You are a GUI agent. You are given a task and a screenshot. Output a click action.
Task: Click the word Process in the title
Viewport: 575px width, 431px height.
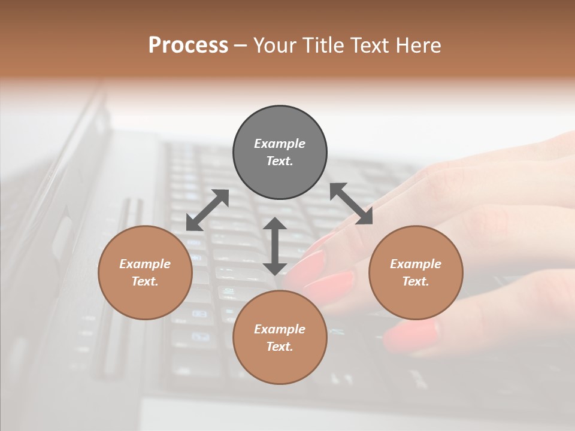coord(188,45)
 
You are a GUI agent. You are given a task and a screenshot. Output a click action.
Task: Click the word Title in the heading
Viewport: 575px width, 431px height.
coord(324,45)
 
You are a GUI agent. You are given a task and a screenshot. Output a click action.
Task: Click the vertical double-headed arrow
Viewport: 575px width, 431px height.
coord(275,246)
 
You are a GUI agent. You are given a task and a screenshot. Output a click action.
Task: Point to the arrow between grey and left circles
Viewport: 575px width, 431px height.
coord(207,210)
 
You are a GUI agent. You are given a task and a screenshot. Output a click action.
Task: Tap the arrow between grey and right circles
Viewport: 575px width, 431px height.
coord(351,204)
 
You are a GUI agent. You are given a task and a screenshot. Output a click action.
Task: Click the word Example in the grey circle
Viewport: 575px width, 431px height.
coord(280,144)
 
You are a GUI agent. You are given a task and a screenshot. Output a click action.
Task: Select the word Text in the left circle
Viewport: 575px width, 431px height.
coord(145,281)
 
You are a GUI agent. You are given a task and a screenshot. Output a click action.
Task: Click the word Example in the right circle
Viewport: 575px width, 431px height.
coord(416,264)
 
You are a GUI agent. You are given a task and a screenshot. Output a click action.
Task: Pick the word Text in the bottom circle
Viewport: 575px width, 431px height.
coord(280,347)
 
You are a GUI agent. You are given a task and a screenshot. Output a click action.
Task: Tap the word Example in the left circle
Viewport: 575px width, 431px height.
coord(145,264)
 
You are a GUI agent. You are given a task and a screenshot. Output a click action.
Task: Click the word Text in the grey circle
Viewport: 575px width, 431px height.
coord(280,161)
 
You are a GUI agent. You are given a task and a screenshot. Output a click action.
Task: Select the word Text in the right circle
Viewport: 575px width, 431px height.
coord(416,281)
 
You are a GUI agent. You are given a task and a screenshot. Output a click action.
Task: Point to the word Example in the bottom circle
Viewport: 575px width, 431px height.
coord(280,329)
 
